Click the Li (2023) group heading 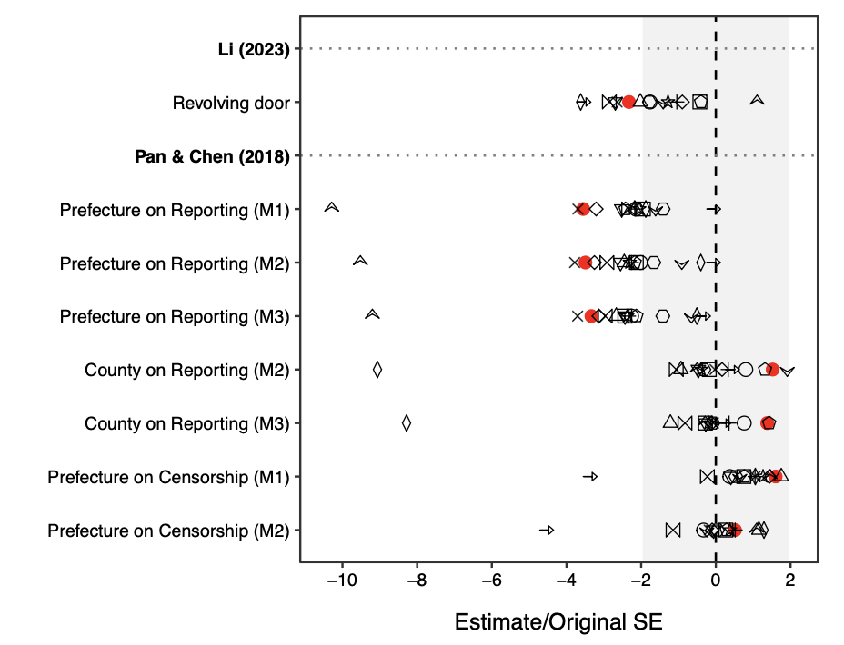(254, 49)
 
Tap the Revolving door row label (231, 103)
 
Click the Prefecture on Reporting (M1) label (174, 210)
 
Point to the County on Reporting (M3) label (186, 423)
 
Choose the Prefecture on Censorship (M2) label (168, 530)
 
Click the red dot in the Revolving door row (628, 102)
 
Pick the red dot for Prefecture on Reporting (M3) (591, 316)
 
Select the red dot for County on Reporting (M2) (772, 370)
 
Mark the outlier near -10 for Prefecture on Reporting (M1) (332, 209)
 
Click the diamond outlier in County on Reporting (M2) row (377, 370)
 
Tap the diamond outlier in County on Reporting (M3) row (407, 422)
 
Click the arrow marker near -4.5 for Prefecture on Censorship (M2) (547, 530)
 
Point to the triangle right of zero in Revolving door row (756, 100)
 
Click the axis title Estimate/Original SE (558, 622)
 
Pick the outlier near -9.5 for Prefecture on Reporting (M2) (360, 262)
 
